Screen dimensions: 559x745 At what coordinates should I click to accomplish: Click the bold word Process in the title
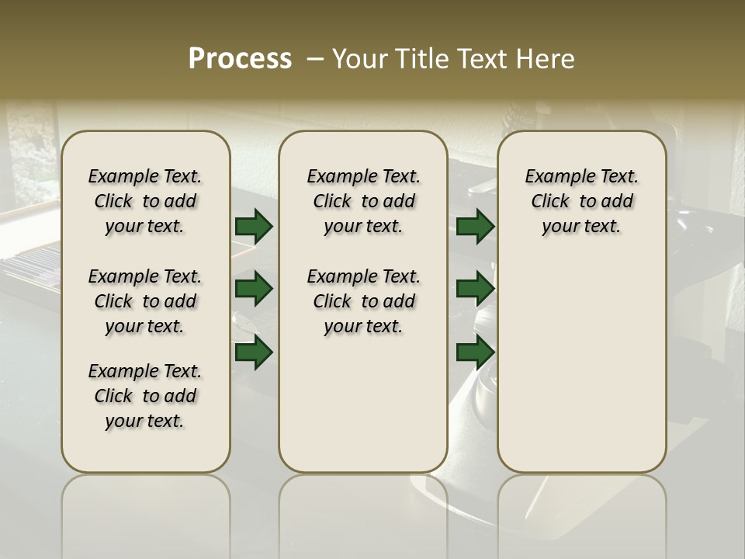[240, 59]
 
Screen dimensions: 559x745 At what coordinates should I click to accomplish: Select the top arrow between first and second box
[254, 227]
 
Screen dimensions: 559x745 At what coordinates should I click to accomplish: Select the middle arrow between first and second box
[254, 290]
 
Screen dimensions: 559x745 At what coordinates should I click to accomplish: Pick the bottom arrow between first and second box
[254, 353]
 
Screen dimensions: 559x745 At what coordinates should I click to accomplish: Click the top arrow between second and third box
[475, 227]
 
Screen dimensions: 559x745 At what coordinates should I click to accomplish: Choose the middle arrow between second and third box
[475, 290]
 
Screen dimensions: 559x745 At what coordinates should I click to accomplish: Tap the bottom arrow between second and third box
[475, 353]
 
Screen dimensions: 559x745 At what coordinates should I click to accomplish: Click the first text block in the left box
[145, 201]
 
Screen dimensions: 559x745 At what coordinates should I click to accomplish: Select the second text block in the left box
[145, 301]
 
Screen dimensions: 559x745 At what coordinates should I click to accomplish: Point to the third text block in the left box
[145, 396]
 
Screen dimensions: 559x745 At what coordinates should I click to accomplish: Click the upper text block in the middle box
[363, 201]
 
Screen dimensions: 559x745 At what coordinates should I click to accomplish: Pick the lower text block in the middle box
[363, 301]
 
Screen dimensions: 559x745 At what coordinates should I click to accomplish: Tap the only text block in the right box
[581, 201]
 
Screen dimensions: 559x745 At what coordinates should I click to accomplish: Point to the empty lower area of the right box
[581, 365]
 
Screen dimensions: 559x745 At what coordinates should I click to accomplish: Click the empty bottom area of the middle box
[363, 411]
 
